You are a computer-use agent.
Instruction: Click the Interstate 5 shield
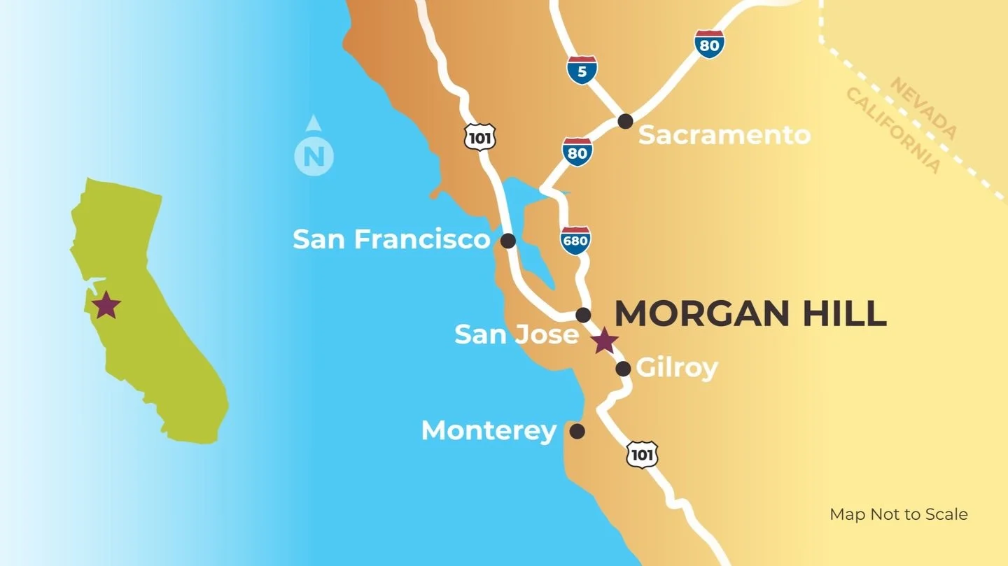[x=582, y=70]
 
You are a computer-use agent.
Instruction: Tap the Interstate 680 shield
[x=575, y=240]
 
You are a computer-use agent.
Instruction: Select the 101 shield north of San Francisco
[x=479, y=136]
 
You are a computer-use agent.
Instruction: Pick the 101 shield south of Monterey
[x=641, y=455]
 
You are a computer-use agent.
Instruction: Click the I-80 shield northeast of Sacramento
[x=709, y=44]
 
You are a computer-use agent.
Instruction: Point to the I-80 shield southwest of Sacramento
[x=577, y=152]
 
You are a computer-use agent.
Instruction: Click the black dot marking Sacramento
[x=625, y=121]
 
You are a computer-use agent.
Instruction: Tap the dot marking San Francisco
[x=508, y=241]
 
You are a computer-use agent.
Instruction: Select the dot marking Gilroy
[x=623, y=369]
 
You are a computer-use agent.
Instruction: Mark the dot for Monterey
[x=577, y=431]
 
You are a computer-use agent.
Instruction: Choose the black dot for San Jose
[x=583, y=315]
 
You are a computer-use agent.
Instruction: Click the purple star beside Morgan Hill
[x=604, y=341]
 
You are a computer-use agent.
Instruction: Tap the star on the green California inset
[x=106, y=305]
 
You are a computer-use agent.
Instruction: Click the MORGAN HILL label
[x=750, y=313]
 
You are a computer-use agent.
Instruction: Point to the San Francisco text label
[x=391, y=239]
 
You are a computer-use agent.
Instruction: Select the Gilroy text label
[x=676, y=368]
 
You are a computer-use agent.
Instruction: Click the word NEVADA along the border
[x=923, y=108]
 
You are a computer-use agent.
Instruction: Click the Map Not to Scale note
[x=898, y=514]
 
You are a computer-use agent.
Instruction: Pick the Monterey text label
[x=489, y=430]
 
